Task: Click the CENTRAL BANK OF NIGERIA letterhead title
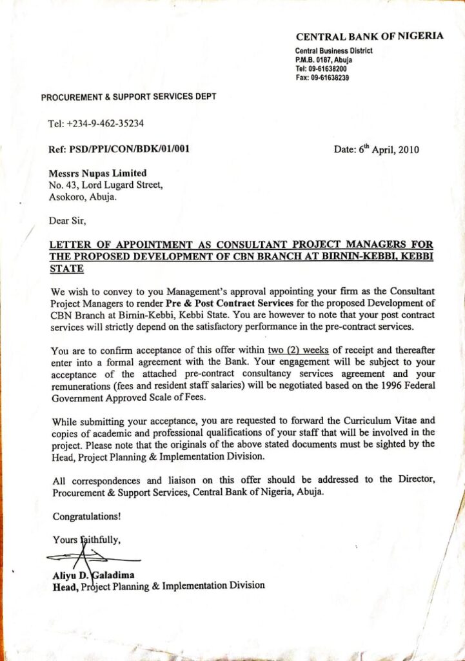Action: (370, 36)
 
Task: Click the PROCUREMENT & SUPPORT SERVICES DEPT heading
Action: (128, 97)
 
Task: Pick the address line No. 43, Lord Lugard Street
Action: (106, 185)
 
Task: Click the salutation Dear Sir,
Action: (67, 221)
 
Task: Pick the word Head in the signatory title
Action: (65, 586)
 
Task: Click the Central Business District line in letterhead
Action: (333, 51)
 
